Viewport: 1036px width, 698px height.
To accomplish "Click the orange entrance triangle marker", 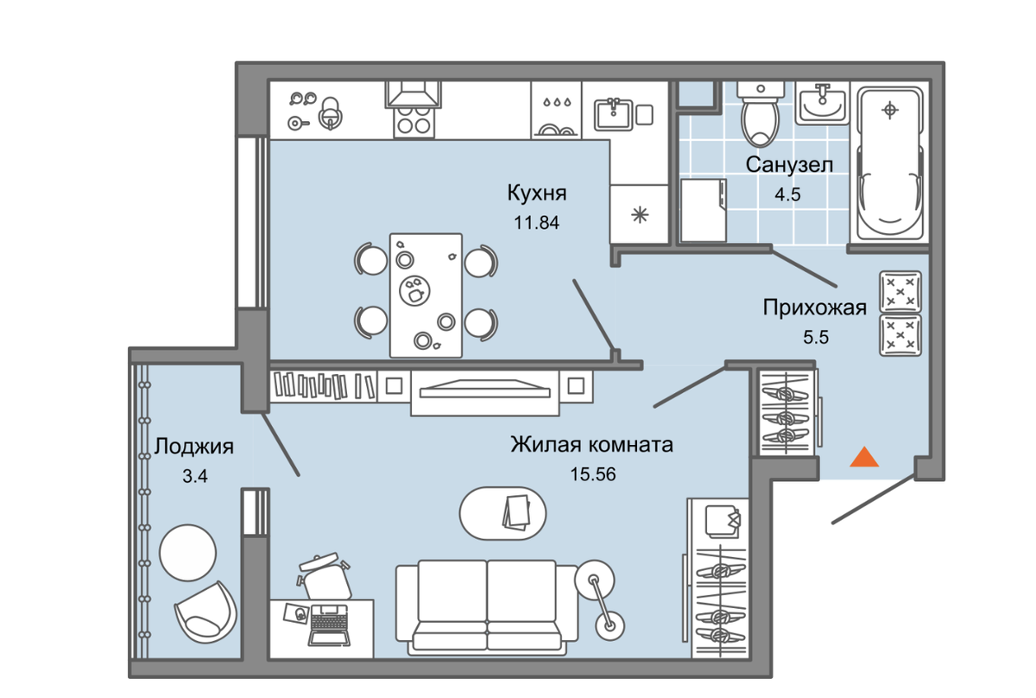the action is (864, 457).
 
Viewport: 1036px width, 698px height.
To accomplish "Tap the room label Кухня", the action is (536, 193).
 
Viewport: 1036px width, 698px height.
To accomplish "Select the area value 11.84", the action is (536, 223).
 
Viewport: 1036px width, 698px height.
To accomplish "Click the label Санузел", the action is (789, 165).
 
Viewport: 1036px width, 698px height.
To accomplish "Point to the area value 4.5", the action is (787, 194).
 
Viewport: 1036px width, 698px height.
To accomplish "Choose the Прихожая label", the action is (814, 308).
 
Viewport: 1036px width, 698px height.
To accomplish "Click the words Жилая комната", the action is (591, 444).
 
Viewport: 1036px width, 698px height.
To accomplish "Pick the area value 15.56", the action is (593, 474).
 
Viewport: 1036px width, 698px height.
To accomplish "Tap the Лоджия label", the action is (193, 447).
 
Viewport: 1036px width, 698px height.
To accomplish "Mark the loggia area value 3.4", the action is (195, 476).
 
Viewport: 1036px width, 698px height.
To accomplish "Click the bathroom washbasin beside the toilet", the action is (822, 104).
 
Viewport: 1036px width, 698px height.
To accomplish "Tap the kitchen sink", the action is (614, 113).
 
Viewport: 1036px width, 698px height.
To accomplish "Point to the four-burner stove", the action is (414, 122).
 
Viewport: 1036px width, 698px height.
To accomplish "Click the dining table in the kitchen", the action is (426, 295).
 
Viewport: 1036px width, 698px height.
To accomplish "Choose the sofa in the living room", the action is (487, 607).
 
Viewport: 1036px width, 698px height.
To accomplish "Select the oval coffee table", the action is (502, 513).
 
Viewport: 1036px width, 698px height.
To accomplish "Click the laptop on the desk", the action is (329, 625).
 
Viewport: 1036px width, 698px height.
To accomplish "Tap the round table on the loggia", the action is (188, 553).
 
